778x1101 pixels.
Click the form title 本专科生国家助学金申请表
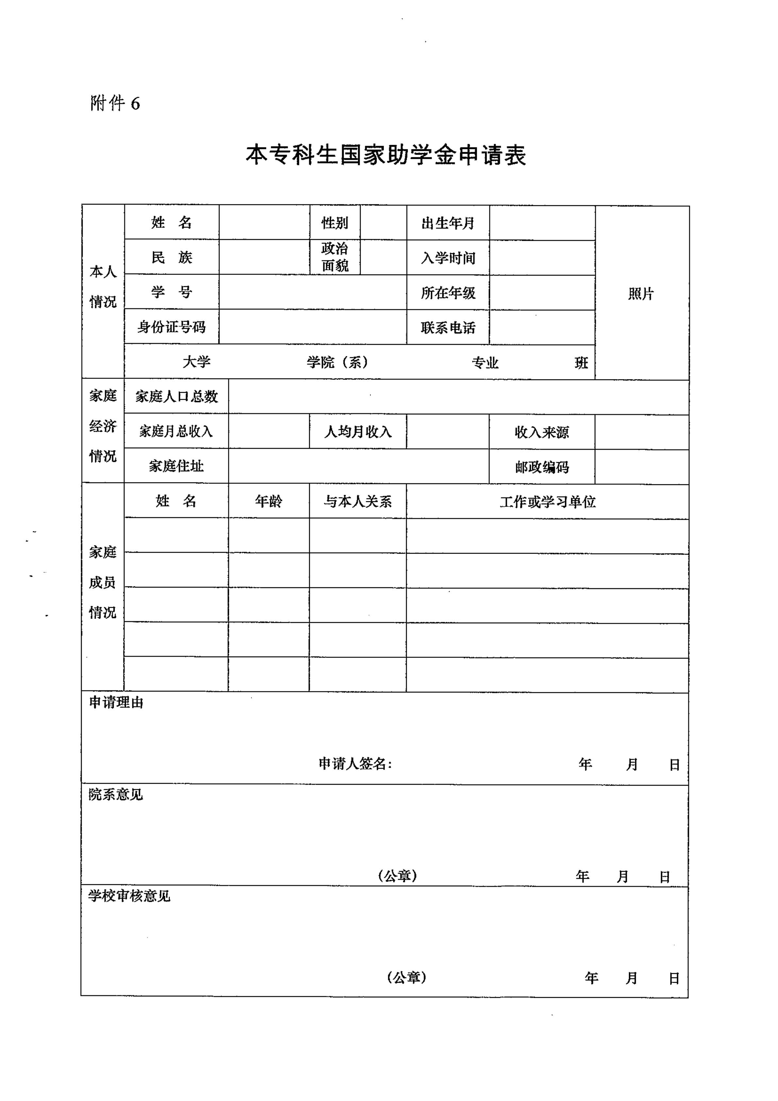(x=386, y=155)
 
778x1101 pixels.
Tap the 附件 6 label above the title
(x=115, y=103)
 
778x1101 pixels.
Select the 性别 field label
(x=335, y=223)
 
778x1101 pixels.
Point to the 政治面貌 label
(x=335, y=257)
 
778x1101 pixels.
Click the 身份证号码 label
(x=172, y=327)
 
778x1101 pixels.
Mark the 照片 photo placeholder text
(x=641, y=294)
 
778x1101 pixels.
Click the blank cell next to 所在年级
(x=542, y=292)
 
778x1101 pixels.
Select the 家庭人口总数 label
(x=176, y=396)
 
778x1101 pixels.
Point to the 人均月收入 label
(x=357, y=432)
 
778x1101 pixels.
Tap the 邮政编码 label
(x=542, y=467)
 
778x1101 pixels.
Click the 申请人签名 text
(x=355, y=764)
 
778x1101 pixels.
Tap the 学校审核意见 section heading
(x=129, y=896)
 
